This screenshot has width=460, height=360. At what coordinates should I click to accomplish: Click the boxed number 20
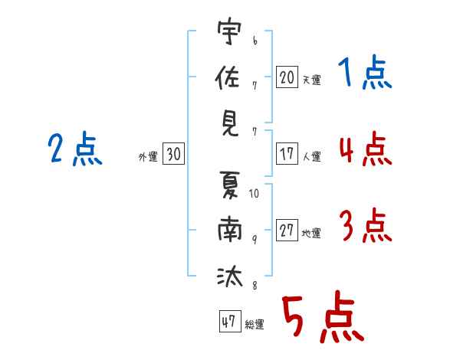coord(287,77)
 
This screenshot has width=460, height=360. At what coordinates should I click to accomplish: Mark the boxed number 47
coord(228,322)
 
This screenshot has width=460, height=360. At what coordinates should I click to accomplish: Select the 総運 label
coord(255,325)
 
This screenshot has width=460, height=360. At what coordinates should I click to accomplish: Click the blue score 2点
coord(74,149)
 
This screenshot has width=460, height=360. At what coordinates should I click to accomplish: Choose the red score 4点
coord(365,149)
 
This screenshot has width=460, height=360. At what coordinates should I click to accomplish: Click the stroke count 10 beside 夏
coord(255,194)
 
